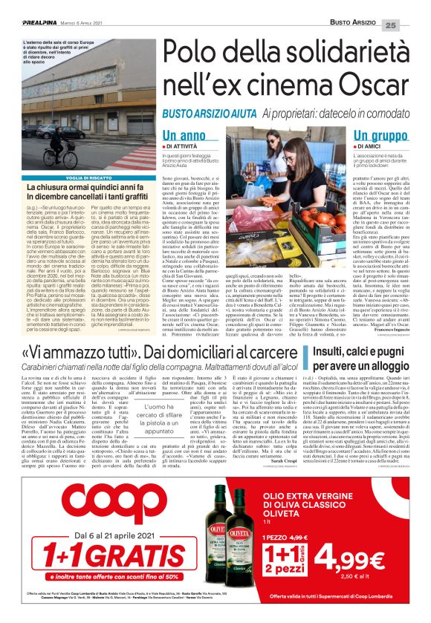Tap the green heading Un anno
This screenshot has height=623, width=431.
[x=184, y=137]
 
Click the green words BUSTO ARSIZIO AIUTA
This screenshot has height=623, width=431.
[x=210, y=112]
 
